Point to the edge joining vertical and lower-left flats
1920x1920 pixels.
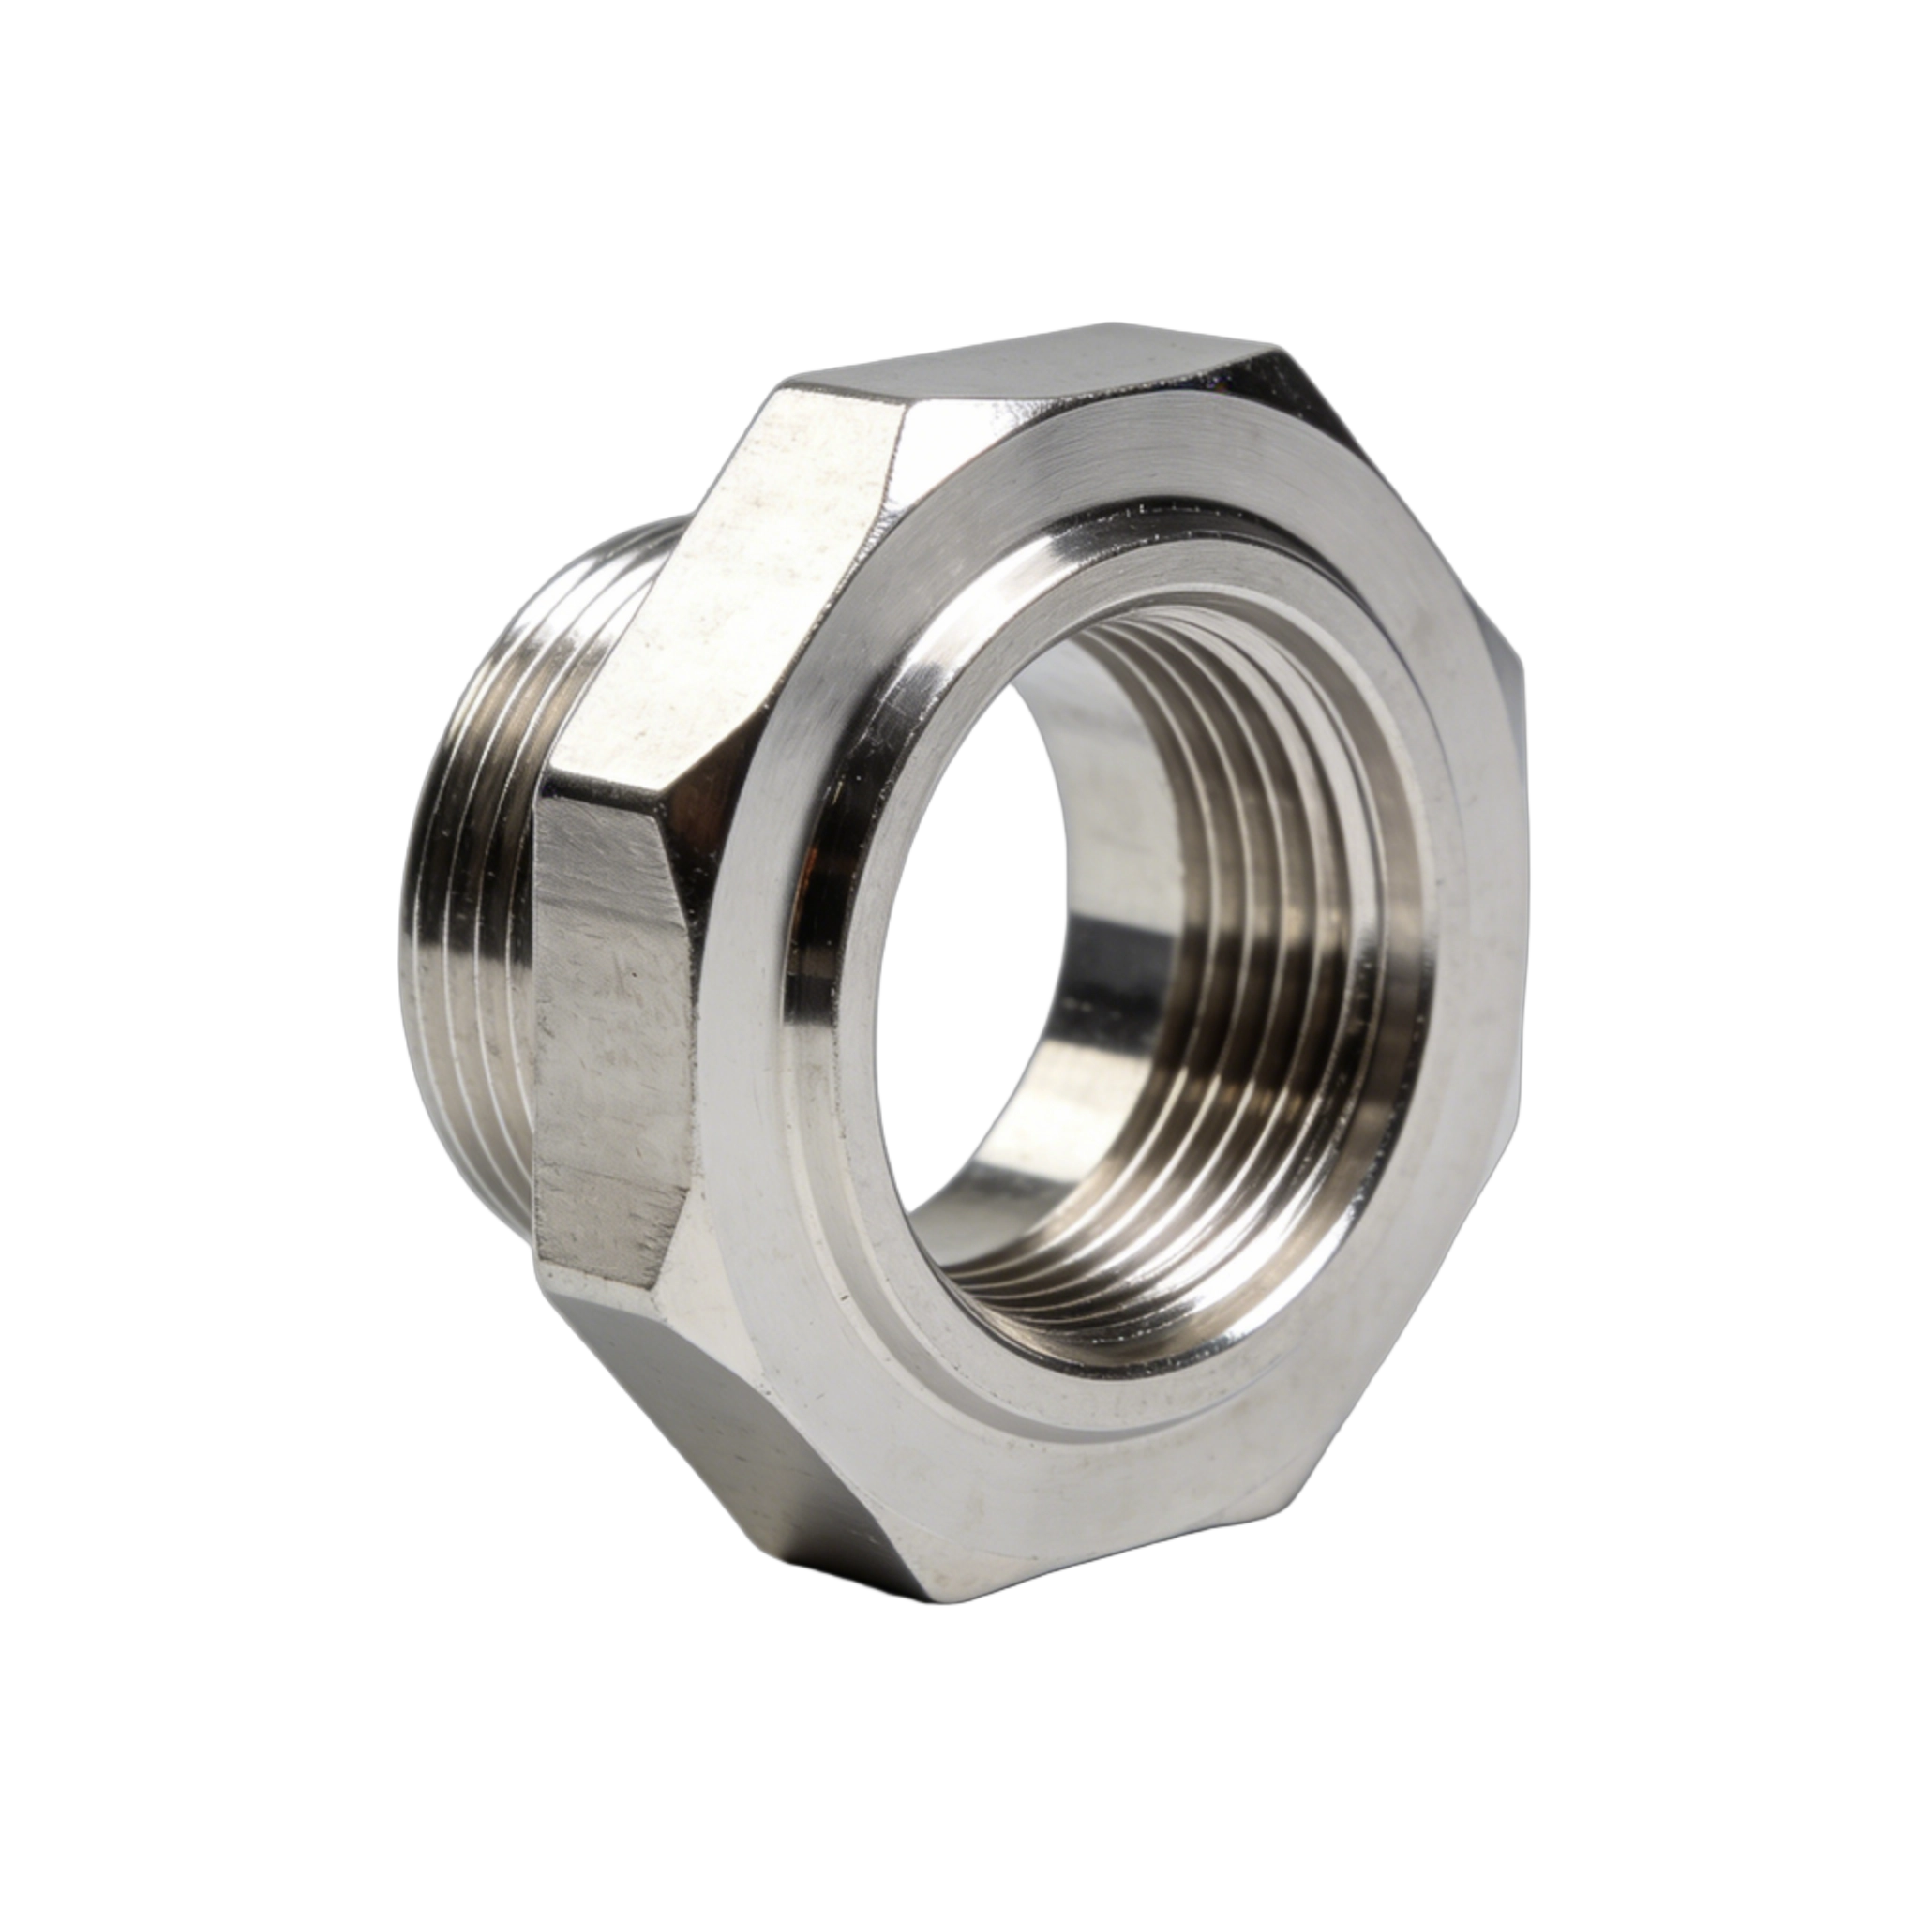(607, 1282)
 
